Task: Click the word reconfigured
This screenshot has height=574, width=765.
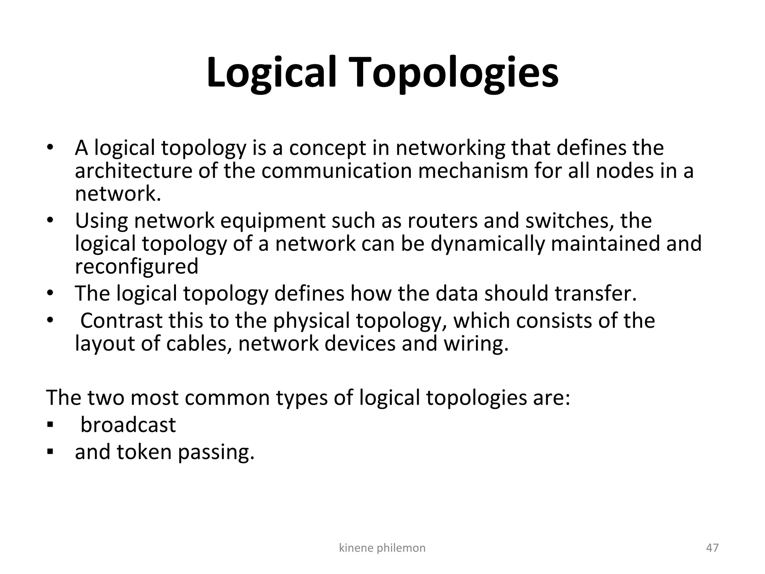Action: click(x=136, y=267)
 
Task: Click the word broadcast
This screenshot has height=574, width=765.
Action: click(x=128, y=425)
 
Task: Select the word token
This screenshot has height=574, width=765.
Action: click(x=144, y=452)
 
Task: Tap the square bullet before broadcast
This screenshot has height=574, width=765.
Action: click(x=50, y=425)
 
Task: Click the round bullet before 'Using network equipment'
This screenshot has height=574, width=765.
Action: click(x=50, y=221)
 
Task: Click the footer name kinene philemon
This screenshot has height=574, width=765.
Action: click(x=382, y=548)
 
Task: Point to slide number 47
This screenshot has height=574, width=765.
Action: click(x=712, y=548)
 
